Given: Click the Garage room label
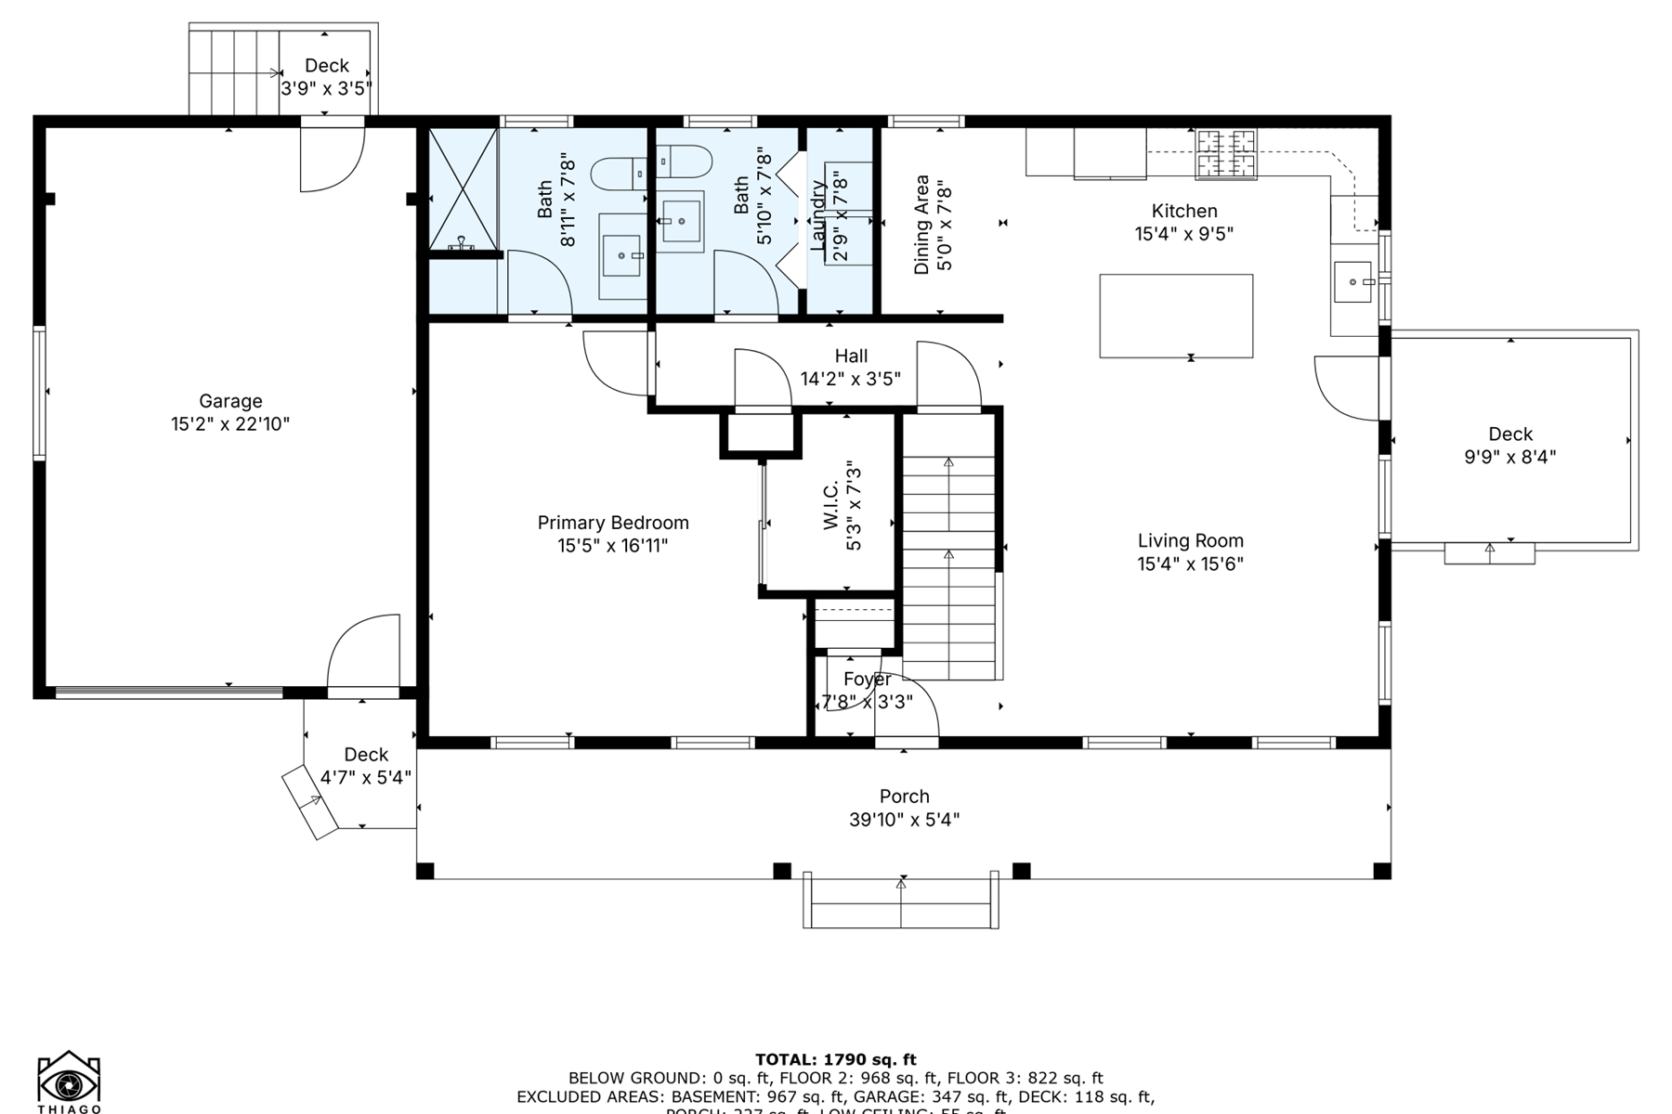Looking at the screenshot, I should coord(230,401).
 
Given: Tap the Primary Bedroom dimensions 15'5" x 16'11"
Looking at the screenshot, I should coord(612,546).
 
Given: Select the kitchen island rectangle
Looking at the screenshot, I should coord(1176,316).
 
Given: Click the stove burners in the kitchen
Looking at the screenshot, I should coord(1225,154).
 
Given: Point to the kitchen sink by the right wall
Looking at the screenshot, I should coord(1352,282).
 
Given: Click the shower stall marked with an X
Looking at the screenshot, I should coord(462,189).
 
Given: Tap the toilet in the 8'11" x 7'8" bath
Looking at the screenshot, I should coord(619,173).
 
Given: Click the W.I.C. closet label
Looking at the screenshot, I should coord(831,506).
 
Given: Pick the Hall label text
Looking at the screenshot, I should coord(851,356).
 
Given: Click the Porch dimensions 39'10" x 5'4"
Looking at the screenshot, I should coord(904,820).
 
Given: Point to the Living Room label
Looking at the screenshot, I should coord(1190,540).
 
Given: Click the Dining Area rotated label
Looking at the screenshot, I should coord(921,225).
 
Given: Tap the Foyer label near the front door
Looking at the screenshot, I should coord(867,680).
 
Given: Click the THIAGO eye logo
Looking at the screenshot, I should coord(69,1082).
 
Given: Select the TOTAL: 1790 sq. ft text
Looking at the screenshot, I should coord(835,1059).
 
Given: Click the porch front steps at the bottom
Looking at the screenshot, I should coord(900,901).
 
